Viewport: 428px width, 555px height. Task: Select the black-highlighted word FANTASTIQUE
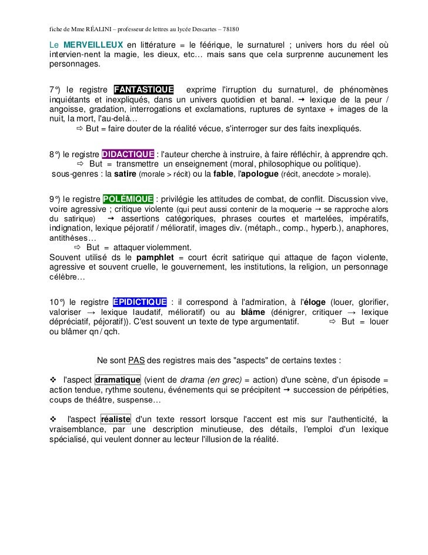pyautogui.click(x=143, y=89)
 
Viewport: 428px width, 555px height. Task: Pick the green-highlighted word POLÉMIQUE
pyautogui.click(x=128, y=198)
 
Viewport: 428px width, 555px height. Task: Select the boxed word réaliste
pyautogui.click(x=116, y=420)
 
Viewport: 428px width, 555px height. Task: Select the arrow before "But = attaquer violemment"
pyautogui.click(x=76, y=247)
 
